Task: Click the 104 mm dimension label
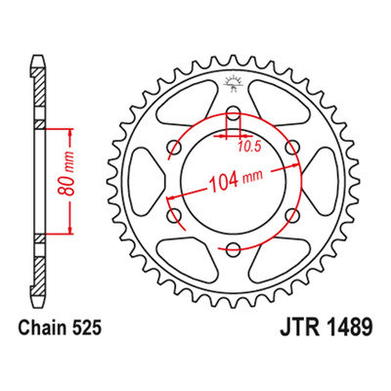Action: point(235,181)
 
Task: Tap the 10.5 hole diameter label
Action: point(249,148)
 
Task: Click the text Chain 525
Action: point(60,328)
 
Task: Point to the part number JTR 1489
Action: point(326,327)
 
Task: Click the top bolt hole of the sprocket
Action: point(233,114)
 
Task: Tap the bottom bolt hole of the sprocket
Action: point(233,250)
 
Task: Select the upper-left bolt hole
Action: point(174,149)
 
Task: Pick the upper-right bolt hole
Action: point(291,149)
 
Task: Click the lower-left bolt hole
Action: point(174,216)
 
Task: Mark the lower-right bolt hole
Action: point(291,216)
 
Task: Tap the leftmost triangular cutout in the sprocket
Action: point(147,182)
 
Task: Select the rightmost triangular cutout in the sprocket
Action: point(320,182)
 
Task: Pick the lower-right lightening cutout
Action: point(279,259)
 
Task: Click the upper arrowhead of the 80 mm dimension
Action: point(70,134)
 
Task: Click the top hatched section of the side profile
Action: point(38,87)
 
